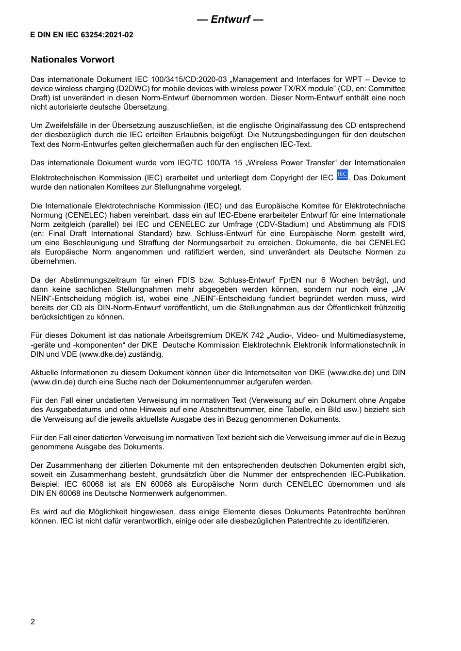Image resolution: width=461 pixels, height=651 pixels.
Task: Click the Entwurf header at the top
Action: pos(230,19)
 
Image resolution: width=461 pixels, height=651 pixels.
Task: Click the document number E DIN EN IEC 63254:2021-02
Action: pos(82,35)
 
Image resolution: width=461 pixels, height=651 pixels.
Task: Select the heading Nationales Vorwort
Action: pos(72,60)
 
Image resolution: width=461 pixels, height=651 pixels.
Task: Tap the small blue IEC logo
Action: pos(342,175)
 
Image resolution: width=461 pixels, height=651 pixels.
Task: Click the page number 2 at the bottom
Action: pos(33,622)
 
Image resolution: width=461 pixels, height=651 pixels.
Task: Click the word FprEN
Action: pos(290,280)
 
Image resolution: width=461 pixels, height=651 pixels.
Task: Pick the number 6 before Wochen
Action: pos(324,280)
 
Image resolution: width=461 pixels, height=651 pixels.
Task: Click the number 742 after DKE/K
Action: pos(257,335)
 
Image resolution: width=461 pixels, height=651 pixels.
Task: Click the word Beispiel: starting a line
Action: pos(45,484)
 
